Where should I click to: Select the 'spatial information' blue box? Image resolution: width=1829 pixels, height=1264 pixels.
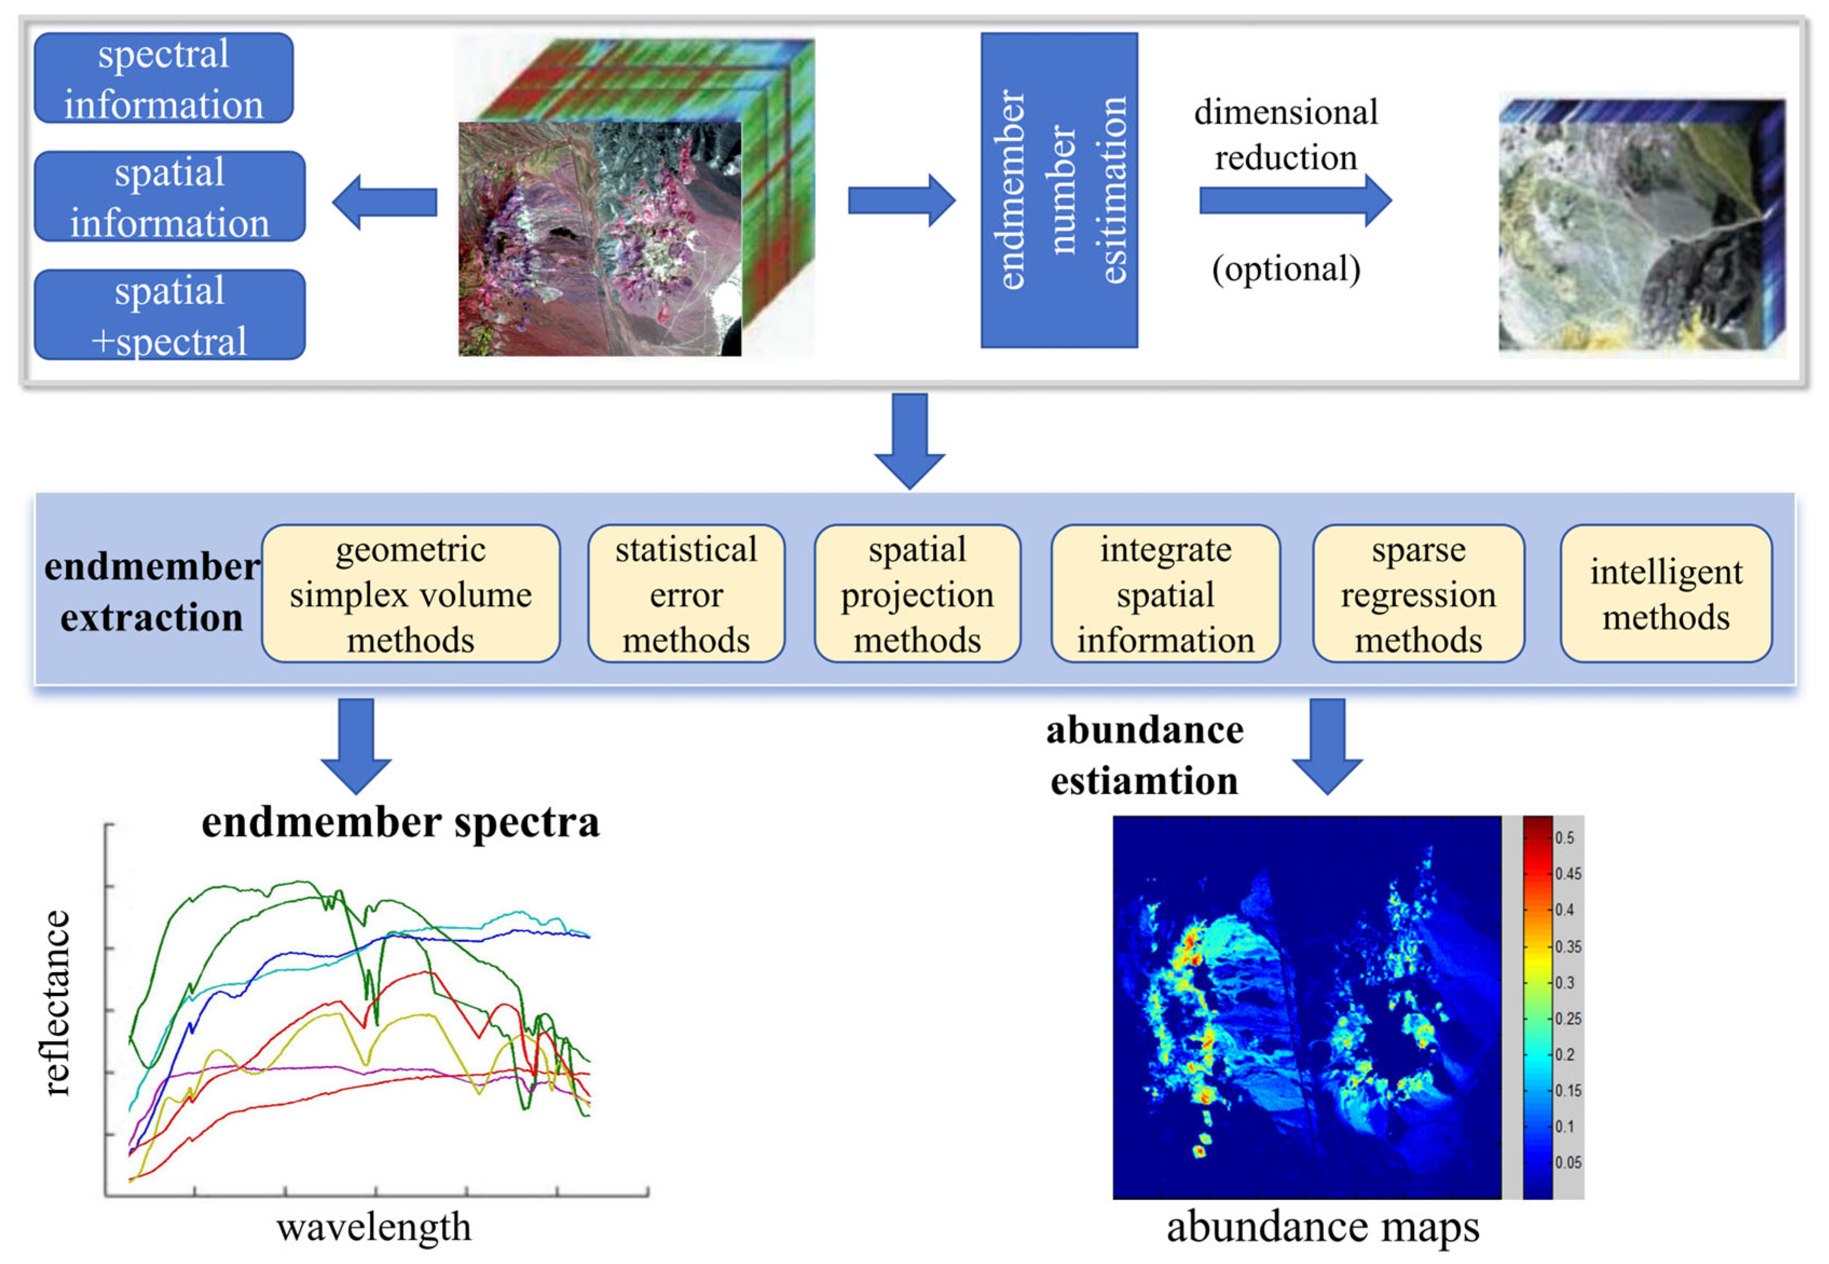pos(169,196)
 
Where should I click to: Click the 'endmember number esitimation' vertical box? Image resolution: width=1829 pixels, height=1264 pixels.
pos(1058,189)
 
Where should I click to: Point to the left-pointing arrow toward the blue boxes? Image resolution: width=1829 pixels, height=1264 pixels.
pos(385,202)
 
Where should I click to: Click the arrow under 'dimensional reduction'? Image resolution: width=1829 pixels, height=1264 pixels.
pos(1295,201)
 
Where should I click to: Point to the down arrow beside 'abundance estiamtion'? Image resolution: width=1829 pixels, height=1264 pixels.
pos(1327,745)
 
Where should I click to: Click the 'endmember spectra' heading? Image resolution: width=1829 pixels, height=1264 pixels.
pos(400,822)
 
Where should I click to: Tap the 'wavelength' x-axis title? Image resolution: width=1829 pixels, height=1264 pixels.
pos(374,1227)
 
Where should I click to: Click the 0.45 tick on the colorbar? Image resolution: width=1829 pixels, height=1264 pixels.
pos(1567,874)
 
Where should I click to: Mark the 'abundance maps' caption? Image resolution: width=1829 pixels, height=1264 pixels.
pos(1322,1227)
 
